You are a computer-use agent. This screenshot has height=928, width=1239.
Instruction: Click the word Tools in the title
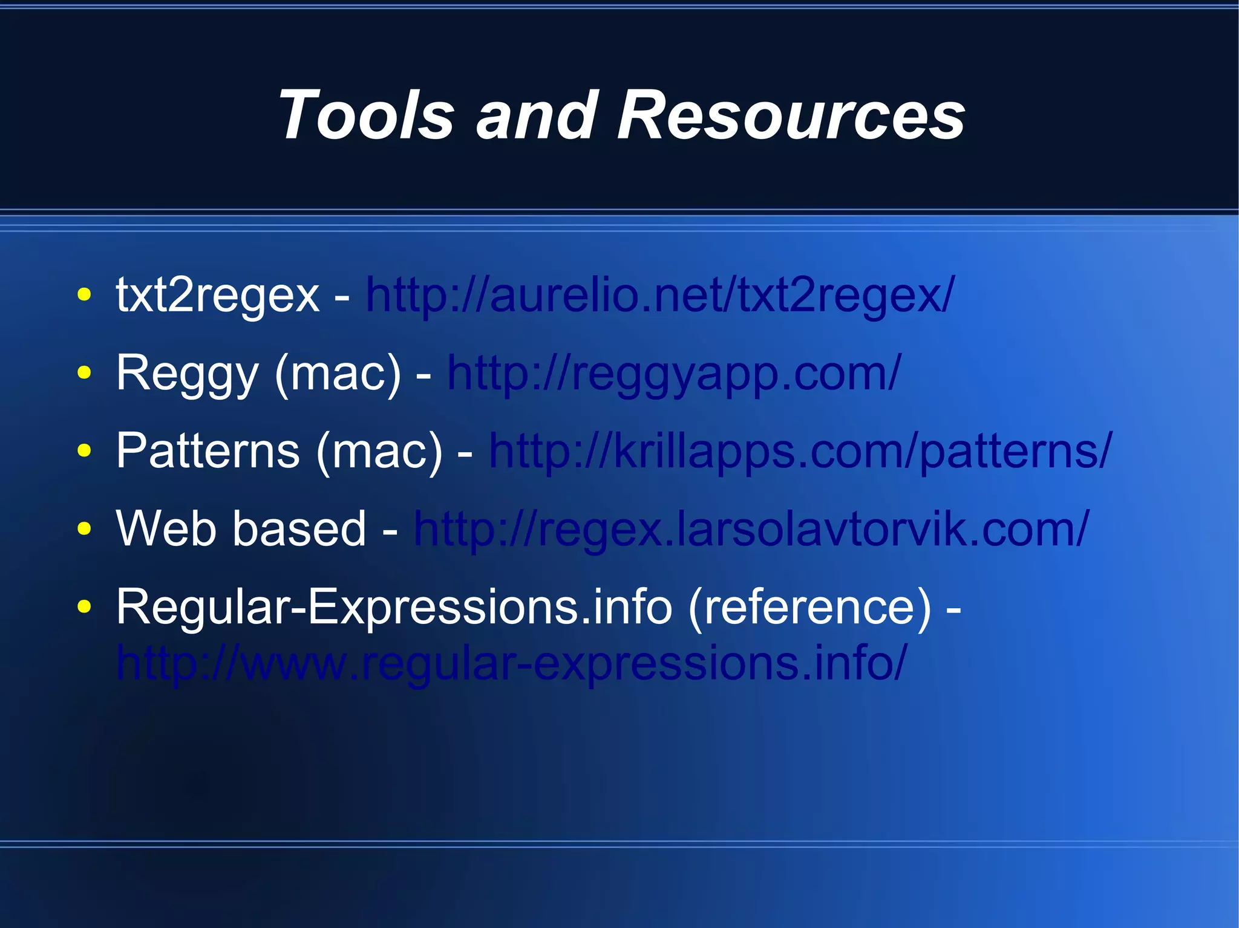(x=366, y=115)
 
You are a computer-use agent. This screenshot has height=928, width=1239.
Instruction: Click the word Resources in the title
(x=791, y=115)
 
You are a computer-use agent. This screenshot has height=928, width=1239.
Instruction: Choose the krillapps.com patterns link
(x=800, y=451)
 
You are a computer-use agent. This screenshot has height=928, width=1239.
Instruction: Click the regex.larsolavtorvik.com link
(x=751, y=529)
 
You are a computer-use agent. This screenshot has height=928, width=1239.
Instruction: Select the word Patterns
(x=208, y=451)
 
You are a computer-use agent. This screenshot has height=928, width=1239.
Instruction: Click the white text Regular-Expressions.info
(x=394, y=606)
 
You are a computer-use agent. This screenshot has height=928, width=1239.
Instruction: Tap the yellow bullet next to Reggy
(x=85, y=373)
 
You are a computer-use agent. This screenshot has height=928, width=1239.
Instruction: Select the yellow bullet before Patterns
(x=85, y=451)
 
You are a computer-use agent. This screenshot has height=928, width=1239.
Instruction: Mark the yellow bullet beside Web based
(x=85, y=529)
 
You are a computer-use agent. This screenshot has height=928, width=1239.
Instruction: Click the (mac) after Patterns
(x=379, y=451)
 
